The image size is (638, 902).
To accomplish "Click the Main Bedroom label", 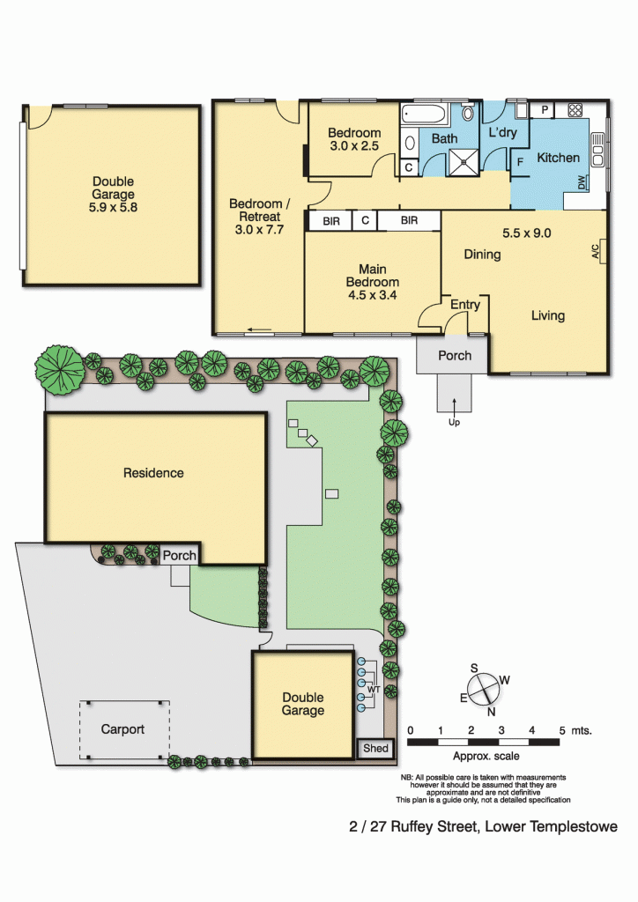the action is (x=372, y=282).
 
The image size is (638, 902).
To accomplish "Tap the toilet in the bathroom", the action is (x=468, y=112).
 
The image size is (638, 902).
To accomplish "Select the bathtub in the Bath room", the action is (x=425, y=115).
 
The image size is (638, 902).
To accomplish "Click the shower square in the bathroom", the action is (x=463, y=162).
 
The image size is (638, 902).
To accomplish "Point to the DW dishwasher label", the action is (x=581, y=182).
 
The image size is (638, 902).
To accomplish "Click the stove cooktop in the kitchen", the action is (x=575, y=110).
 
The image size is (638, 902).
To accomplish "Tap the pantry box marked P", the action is (x=545, y=110).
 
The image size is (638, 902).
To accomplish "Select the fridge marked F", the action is (x=520, y=162).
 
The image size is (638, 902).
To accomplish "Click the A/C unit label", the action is (x=596, y=251).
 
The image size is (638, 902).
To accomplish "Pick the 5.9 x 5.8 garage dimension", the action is (x=113, y=208).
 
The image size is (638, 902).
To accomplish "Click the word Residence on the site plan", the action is (x=153, y=473).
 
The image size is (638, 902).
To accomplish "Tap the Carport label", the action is (x=122, y=728).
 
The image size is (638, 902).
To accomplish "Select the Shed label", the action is (x=375, y=748).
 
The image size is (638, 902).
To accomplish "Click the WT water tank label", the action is (x=374, y=689).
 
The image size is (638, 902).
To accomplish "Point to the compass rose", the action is (x=482, y=689).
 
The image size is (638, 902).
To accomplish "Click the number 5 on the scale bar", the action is (x=562, y=730).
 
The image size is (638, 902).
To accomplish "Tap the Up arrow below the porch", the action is (x=454, y=406).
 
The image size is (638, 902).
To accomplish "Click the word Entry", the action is (x=464, y=304).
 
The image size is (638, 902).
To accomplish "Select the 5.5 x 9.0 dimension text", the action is (x=526, y=233).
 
